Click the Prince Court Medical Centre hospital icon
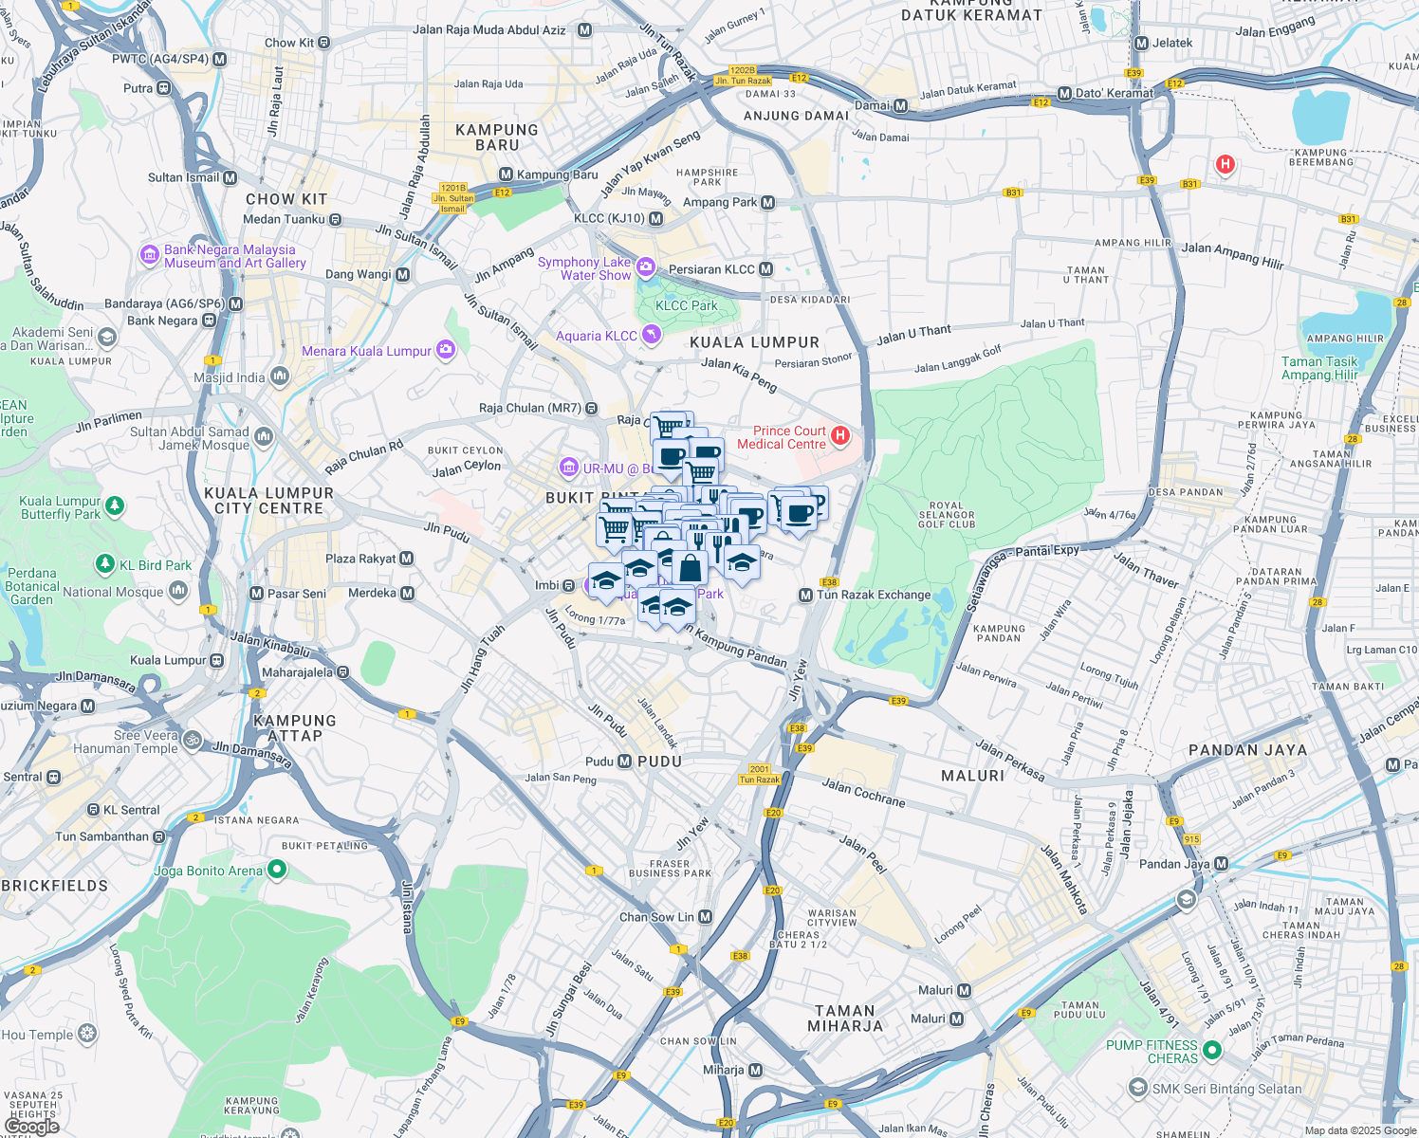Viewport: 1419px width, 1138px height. click(x=839, y=436)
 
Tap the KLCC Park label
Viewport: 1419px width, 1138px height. click(x=686, y=305)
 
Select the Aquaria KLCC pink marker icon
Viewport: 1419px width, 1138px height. click(x=651, y=335)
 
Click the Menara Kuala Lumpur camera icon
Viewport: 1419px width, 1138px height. click(x=445, y=350)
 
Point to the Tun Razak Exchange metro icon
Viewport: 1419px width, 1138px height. click(x=805, y=595)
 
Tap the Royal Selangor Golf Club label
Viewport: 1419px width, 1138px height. click(x=947, y=515)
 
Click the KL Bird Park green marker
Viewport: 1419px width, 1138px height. click(x=105, y=565)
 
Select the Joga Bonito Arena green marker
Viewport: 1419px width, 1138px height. click(x=276, y=869)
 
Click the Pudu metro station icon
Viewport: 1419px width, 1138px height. click(x=624, y=762)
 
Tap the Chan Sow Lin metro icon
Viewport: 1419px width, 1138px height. click(x=705, y=917)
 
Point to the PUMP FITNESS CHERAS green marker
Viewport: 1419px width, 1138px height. click(x=1211, y=1051)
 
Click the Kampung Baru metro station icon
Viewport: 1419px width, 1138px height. click(x=506, y=174)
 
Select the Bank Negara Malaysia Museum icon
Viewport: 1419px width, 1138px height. click(x=149, y=255)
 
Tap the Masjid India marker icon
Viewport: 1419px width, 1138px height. click(x=279, y=377)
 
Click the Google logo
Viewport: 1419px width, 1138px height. click(x=31, y=1126)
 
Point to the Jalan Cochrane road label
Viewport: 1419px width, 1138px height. click(x=863, y=792)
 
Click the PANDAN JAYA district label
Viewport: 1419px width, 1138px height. click(x=1247, y=750)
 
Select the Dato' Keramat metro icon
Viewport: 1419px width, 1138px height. click(x=1064, y=93)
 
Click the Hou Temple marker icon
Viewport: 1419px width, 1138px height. click(x=87, y=1034)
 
